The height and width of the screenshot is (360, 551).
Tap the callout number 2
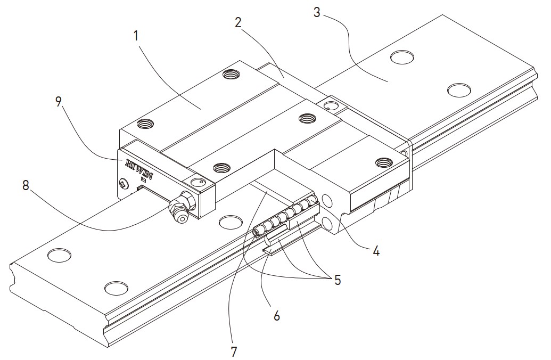(x=238, y=22)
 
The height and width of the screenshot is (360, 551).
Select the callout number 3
(x=317, y=12)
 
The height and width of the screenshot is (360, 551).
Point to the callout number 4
(x=375, y=251)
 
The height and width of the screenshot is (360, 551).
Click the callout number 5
(x=337, y=280)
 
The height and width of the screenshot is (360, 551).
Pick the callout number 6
(x=276, y=315)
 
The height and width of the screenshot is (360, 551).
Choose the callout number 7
(x=233, y=351)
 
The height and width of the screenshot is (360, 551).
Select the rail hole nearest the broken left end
(x=59, y=256)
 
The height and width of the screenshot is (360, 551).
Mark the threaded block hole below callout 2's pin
(x=307, y=118)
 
